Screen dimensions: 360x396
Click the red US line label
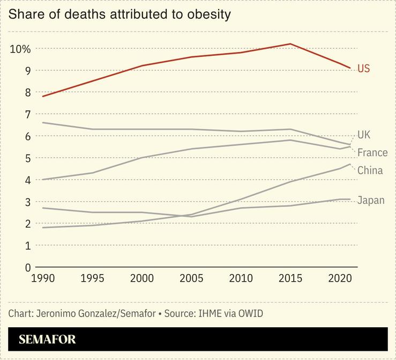[x=364, y=69]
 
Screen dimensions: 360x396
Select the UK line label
[x=364, y=135]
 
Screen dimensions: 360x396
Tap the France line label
[x=372, y=153]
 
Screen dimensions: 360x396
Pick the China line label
[x=370, y=171]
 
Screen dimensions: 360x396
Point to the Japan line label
[x=371, y=201]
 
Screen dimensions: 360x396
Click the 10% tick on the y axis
[x=20, y=49]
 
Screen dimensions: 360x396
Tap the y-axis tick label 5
[x=28, y=158]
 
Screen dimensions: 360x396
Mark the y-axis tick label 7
[x=28, y=114]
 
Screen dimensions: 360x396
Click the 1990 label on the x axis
[x=42, y=278]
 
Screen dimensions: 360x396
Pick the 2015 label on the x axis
[x=290, y=278]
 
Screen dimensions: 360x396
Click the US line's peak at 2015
[x=290, y=44]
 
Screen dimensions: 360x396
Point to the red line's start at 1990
[x=42, y=96]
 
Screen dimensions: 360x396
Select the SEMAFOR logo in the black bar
[x=47, y=340]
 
